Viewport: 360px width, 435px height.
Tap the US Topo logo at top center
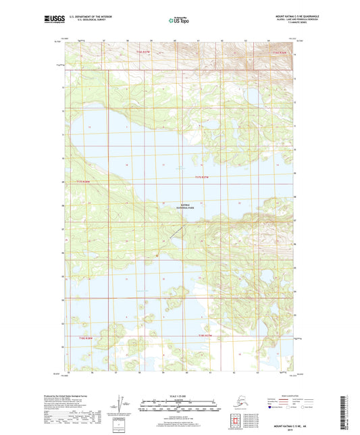pyautogui.click(x=179, y=20)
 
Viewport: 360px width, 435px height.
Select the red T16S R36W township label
pyautogui.click(x=280, y=52)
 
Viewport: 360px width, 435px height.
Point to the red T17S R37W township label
pyautogui.click(x=203, y=177)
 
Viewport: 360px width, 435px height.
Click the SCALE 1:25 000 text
pyautogui.click(x=180, y=396)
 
